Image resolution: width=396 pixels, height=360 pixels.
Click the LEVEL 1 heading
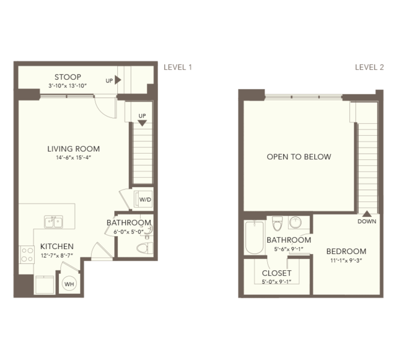[178, 67]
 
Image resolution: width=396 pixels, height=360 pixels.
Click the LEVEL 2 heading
[369, 67]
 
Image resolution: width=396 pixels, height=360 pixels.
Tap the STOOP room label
[68, 77]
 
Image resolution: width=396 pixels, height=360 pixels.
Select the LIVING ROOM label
[74, 149]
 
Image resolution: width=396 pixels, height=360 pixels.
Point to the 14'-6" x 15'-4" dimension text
[74, 158]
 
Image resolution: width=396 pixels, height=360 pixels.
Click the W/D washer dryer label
[145, 200]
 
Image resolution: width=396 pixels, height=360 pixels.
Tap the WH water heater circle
[69, 284]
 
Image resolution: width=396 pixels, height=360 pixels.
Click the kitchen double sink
[53, 222]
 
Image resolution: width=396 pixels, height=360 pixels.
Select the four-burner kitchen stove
[27, 255]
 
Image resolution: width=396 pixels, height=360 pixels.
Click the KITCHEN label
[57, 247]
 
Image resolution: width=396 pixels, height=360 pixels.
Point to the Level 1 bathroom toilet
[145, 248]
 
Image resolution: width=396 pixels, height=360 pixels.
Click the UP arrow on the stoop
[118, 80]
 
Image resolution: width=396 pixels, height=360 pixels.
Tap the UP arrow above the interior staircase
[142, 123]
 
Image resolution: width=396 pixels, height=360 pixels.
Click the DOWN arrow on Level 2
[367, 214]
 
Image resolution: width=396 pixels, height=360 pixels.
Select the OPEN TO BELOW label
[299, 157]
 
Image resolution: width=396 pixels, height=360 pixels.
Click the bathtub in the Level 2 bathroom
[255, 237]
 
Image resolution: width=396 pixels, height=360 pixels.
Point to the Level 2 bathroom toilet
[277, 224]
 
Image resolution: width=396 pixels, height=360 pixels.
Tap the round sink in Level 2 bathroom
[295, 222]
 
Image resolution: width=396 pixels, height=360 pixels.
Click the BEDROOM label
[346, 252]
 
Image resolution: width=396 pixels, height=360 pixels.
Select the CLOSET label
[276, 273]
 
